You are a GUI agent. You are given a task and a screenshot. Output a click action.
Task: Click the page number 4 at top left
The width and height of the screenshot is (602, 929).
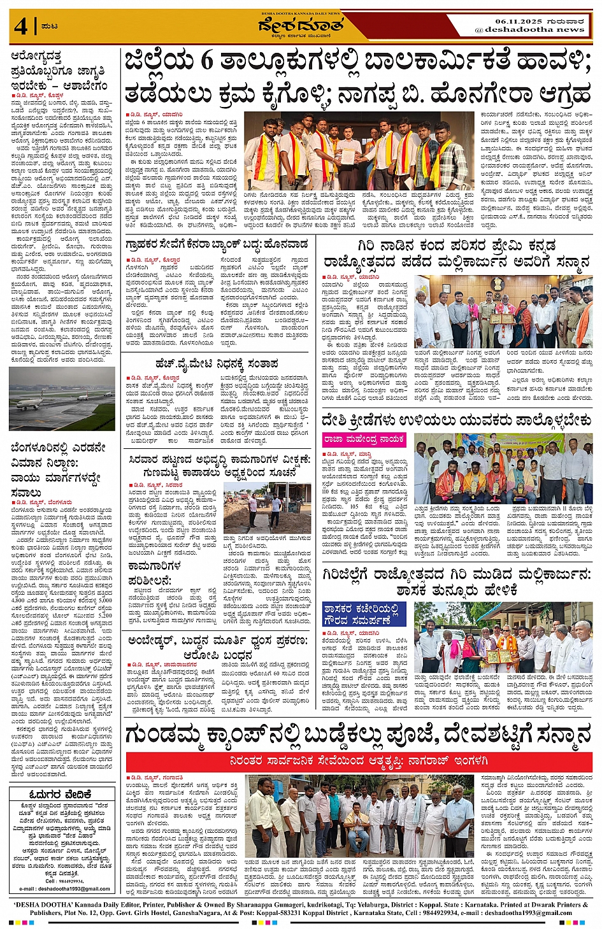(20, 27)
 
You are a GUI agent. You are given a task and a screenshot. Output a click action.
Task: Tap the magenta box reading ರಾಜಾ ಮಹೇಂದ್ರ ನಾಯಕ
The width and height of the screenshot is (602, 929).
(365, 439)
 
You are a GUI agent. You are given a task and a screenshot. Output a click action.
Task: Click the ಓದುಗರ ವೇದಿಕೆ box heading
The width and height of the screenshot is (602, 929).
(61, 794)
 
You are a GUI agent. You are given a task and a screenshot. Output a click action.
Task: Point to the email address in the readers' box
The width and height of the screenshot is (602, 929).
(64, 888)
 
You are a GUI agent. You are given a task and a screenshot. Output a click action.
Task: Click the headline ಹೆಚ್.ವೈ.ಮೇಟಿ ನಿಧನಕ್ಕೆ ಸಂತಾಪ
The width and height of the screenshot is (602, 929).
(217, 364)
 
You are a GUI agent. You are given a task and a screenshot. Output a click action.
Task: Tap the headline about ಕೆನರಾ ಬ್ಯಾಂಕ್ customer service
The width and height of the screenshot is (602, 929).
(217, 244)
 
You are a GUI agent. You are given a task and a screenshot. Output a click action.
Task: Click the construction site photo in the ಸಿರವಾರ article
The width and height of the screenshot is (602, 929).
(268, 507)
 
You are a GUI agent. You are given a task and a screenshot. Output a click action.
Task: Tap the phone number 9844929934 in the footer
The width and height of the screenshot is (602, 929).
(456, 912)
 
